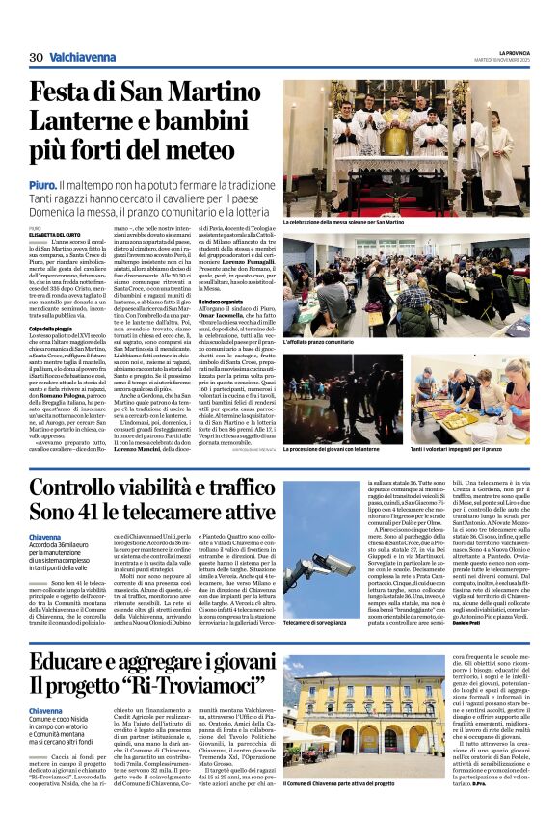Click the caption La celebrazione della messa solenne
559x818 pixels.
click(x=343, y=222)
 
